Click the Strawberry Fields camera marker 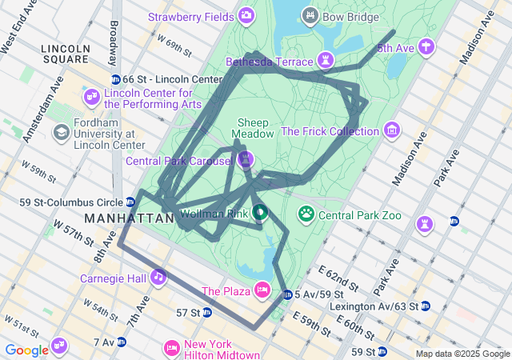point(246,15)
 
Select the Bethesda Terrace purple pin point(326,61)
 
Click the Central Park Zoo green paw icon point(306,214)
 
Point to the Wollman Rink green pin point(260,212)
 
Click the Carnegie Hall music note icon point(159,277)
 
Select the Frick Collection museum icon point(391,130)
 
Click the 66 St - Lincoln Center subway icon point(115,79)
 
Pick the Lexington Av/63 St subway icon point(426,306)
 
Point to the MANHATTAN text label point(129,218)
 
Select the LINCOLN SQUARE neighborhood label point(66,54)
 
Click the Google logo point(26,350)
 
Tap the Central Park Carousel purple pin point(246,159)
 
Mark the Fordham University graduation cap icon point(61,131)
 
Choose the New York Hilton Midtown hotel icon point(170,348)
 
